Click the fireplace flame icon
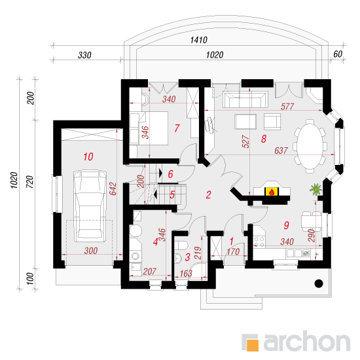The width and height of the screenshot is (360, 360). [272, 192]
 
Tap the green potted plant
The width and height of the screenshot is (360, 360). [315, 190]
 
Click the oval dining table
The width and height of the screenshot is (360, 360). [310, 146]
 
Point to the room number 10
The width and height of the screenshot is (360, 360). [88, 157]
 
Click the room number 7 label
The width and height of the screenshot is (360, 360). [177, 128]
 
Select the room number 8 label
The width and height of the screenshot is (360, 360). [264, 139]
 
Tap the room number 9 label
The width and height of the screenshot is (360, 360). [286, 225]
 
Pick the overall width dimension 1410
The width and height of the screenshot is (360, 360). [199, 40]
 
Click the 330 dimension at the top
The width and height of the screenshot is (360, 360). [84, 55]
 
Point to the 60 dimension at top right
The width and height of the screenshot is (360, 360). [338, 54]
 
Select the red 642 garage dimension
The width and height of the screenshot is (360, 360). [113, 189]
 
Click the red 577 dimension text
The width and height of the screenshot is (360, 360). [287, 107]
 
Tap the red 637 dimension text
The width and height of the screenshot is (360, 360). [281, 151]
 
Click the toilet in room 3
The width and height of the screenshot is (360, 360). [181, 245]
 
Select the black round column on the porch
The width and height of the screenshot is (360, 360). [319, 283]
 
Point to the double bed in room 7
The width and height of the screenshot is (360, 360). [149, 128]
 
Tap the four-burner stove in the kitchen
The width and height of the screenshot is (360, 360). [259, 242]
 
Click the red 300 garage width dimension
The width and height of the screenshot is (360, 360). [91, 251]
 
